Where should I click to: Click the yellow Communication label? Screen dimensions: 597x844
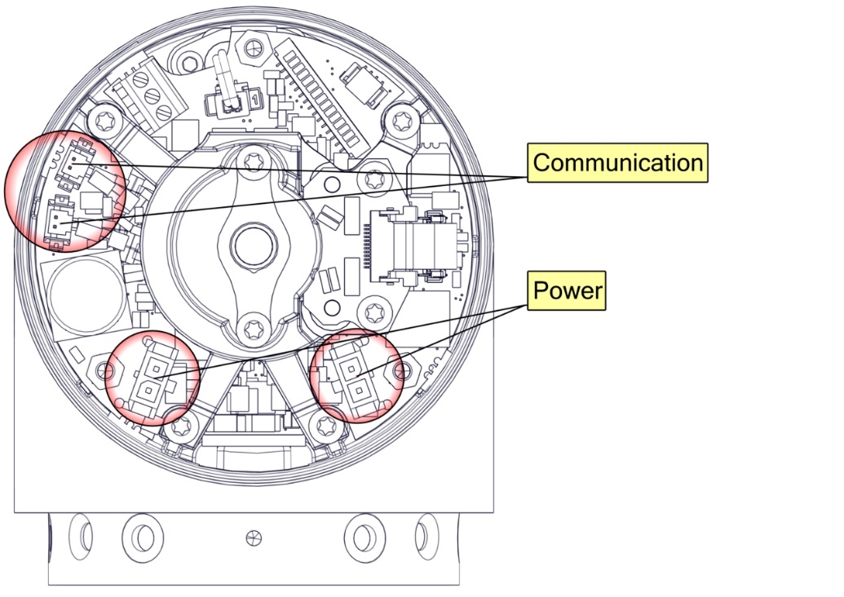tap(617, 162)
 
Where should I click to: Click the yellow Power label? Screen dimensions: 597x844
tap(568, 290)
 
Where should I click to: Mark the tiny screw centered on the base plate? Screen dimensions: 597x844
tap(253, 537)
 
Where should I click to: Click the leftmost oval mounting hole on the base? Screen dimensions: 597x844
tap(82, 536)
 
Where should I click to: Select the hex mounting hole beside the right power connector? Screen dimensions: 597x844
tap(400, 371)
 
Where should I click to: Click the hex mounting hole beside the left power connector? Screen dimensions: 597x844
tap(104, 372)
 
